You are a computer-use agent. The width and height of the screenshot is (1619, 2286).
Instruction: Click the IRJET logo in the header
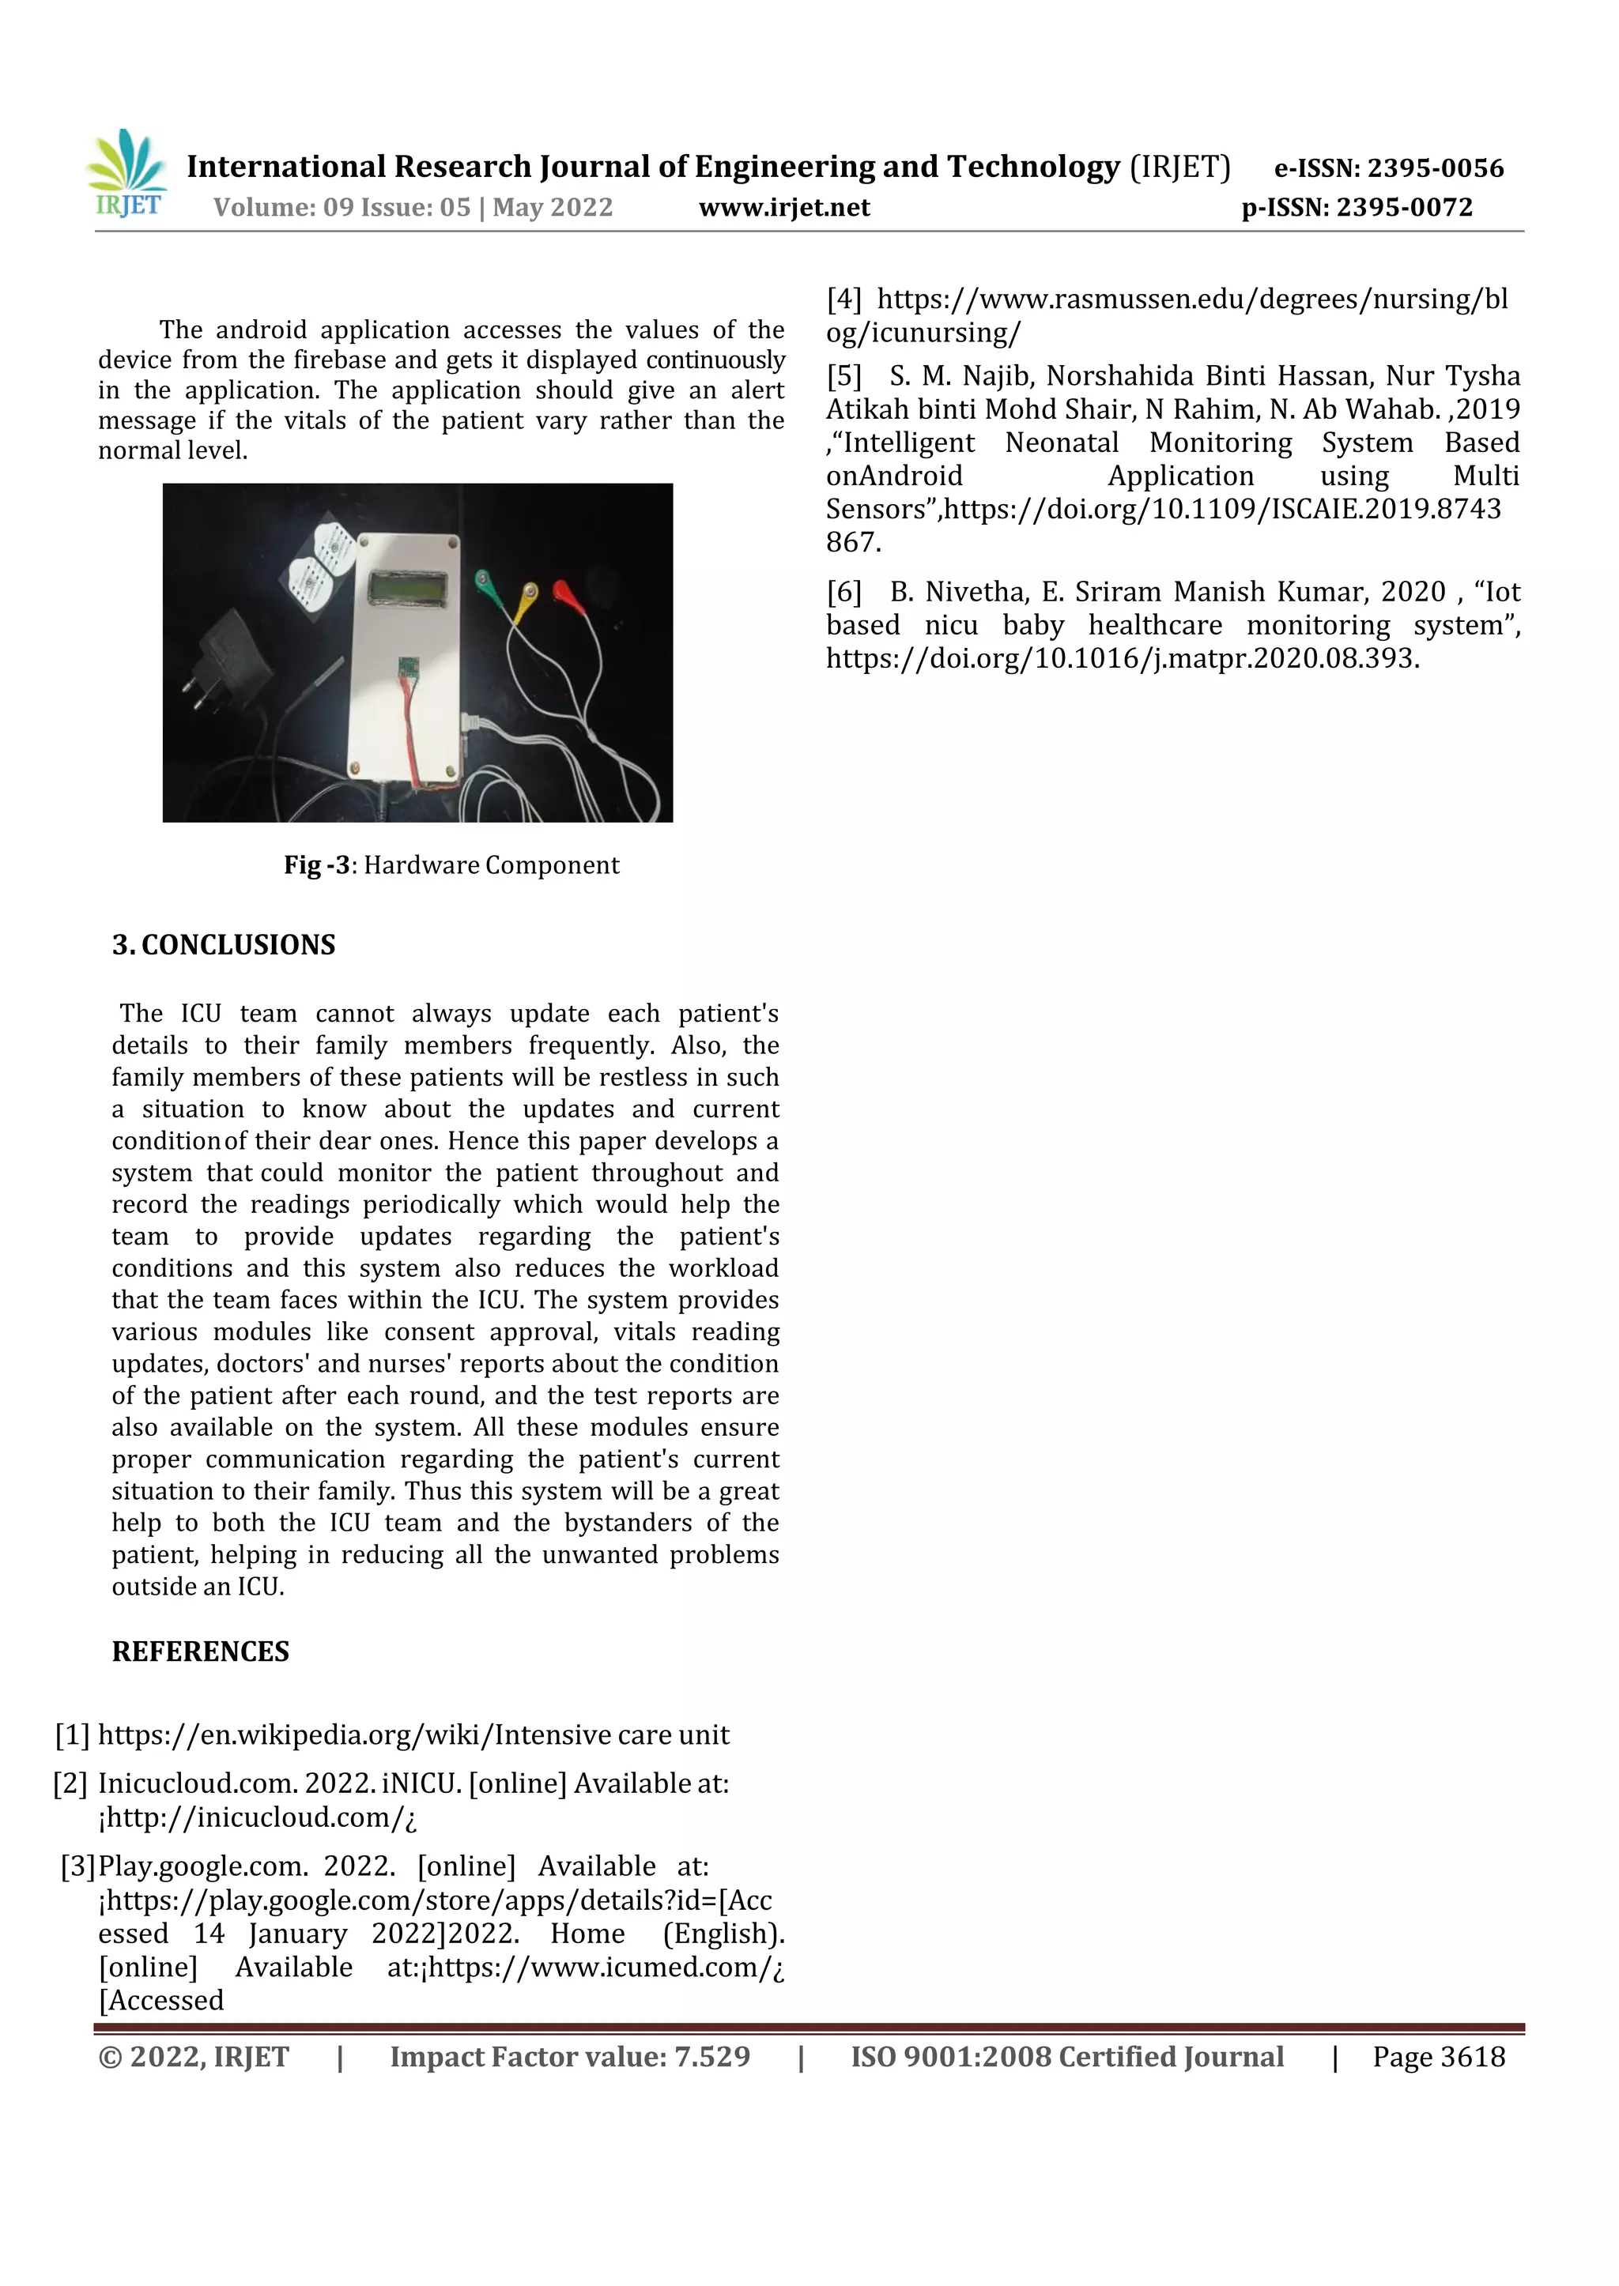[x=127, y=173]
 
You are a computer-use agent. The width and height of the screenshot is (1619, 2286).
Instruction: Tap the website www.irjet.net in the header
[x=783, y=209]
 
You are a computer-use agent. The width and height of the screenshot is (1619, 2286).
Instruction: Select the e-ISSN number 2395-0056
[x=1435, y=168]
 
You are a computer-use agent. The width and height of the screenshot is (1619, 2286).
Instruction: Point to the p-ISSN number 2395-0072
[x=1404, y=209]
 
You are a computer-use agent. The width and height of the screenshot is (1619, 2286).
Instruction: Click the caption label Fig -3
[x=316, y=865]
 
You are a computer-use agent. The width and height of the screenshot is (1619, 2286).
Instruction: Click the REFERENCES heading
[x=200, y=1652]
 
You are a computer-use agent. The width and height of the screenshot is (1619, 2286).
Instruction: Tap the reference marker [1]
[x=72, y=1735]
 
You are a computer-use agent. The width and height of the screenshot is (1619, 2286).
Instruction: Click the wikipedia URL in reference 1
[x=413, y=1735]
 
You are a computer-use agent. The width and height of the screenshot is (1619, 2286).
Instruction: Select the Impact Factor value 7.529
[x=711, y=2056]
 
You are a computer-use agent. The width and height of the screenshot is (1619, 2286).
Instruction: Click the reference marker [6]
[x=843, y=592]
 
